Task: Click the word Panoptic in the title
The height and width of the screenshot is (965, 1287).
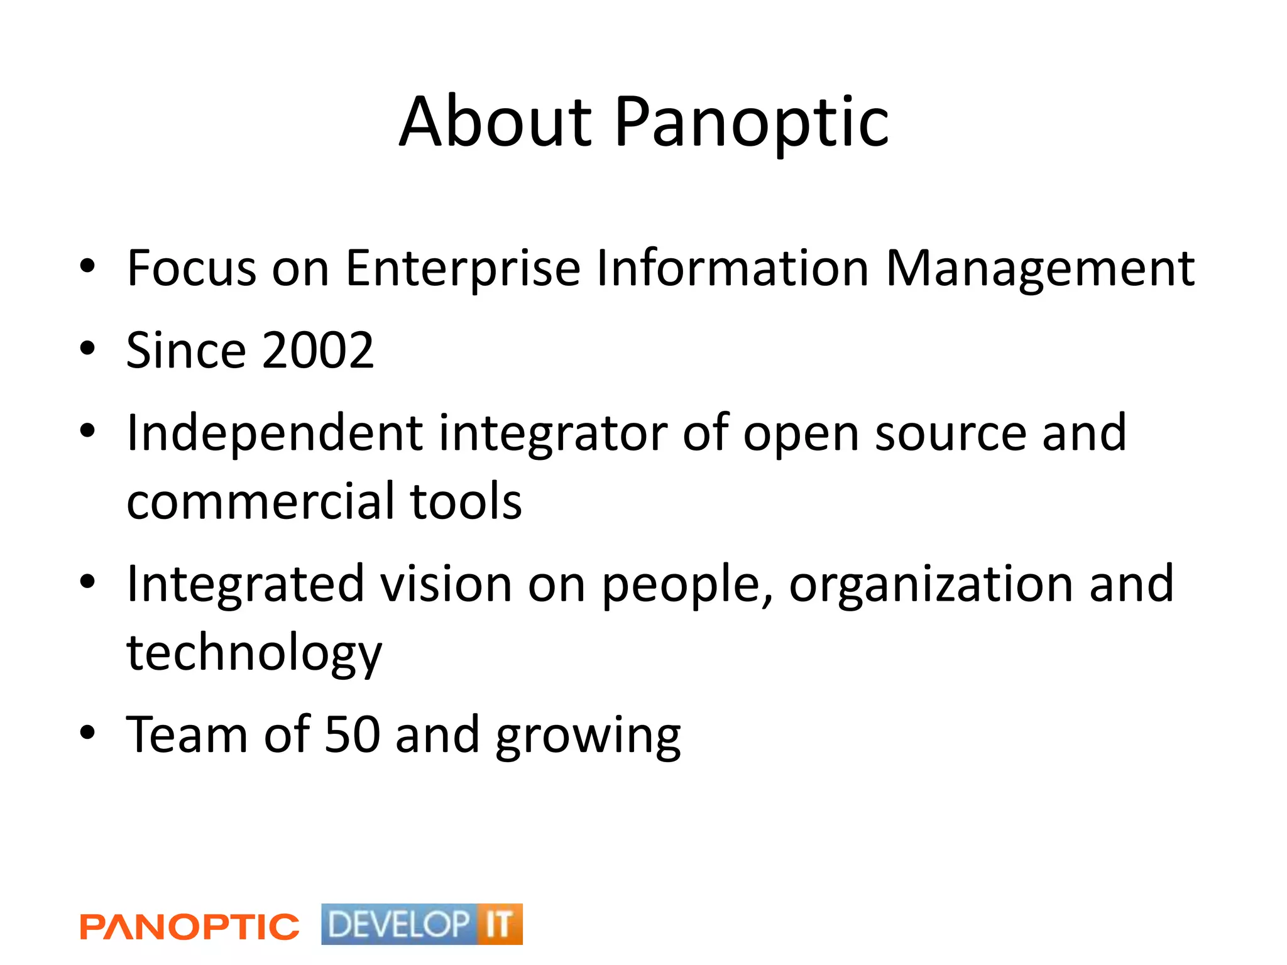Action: click(751, 122)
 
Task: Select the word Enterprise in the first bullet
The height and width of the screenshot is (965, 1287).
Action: click(463, 268)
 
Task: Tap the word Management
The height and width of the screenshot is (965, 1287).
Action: click(1039, 268)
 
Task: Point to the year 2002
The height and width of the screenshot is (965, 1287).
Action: click(318, 351)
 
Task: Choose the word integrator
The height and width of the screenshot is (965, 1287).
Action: click(553, 433)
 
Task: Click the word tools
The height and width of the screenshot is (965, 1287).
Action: click(466, 501)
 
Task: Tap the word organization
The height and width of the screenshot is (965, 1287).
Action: click(931, 584)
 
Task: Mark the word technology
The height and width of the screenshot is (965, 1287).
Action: click(254, 653)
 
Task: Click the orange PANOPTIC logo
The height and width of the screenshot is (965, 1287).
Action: click(189, 927)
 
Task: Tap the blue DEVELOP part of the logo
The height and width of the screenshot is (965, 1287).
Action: click(398, 924)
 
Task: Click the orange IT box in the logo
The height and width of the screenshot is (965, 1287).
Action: click(499, 924)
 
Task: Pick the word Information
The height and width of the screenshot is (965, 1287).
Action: click(732, 268)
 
